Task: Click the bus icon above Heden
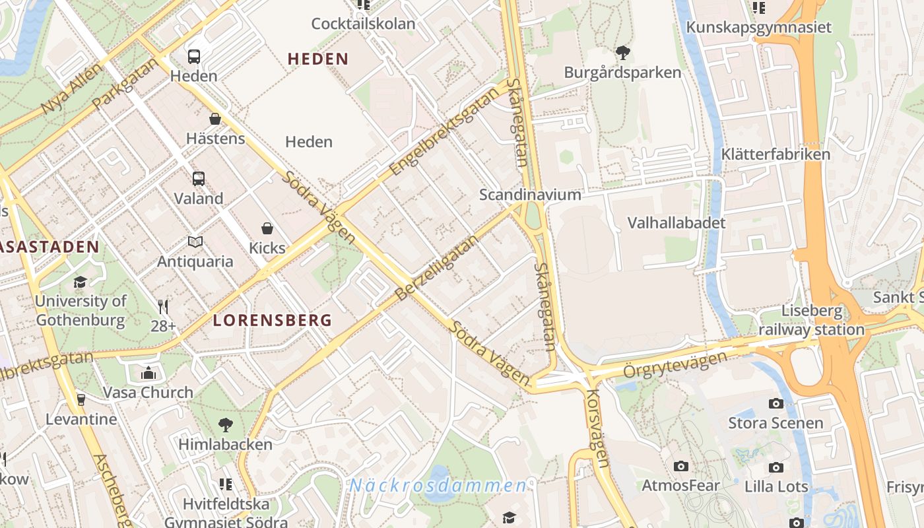194,57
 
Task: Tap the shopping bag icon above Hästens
215,119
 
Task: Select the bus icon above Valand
198,178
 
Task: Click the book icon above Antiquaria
195,242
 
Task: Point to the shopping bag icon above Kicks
267,228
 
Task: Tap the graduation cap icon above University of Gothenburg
80,282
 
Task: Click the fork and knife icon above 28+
163,306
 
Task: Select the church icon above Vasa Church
148,373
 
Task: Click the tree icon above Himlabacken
225,424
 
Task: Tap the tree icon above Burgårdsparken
622,53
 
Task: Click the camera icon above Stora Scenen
775,403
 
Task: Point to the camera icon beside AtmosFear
681,467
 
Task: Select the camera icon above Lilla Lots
776,467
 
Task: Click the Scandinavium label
530,195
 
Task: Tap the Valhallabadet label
676,222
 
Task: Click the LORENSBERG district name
272,321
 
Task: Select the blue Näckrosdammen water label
438,486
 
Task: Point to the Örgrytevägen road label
675,366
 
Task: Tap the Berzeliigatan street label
436,267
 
